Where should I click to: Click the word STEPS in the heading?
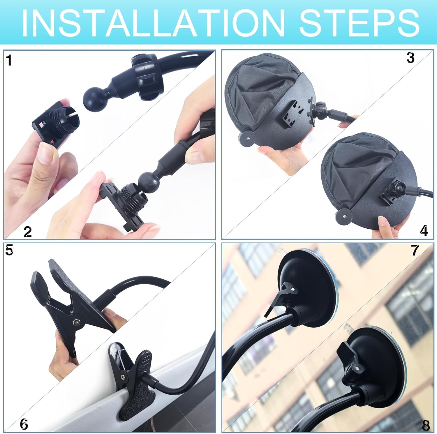(359, 23)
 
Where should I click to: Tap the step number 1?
(9, 60)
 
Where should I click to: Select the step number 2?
(27, 232)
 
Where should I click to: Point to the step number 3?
(410, 58)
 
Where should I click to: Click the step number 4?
(424, 231)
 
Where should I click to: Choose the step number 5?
(9, 250)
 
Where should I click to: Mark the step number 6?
(24, 424)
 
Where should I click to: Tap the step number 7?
(415, 250)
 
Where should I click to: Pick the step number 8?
(426, 426)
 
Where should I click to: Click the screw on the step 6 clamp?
(124, 377)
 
